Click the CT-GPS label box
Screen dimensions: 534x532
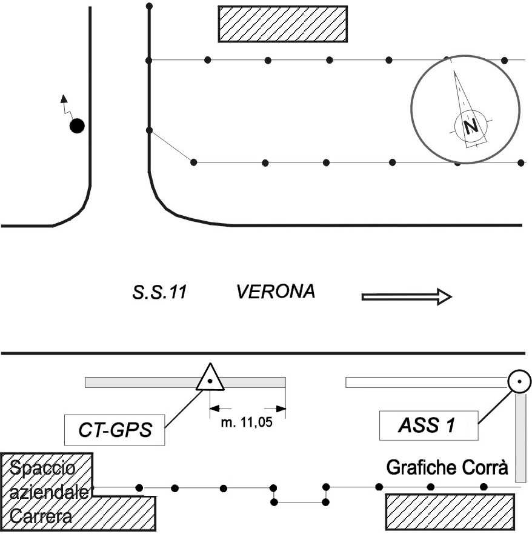(115, 431)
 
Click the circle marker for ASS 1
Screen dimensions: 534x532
(519, 382)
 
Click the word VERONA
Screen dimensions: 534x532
(276, 293)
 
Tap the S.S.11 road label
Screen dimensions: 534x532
(159, 293)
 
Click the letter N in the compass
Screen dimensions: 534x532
(470, 125)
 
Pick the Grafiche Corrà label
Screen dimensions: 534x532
(447, 469)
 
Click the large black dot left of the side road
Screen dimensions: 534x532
(76, 126)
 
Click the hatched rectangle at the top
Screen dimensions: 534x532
(282, 24)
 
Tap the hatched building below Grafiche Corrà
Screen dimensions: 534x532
(450, 512)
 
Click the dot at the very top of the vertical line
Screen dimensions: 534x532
(149, 5)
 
